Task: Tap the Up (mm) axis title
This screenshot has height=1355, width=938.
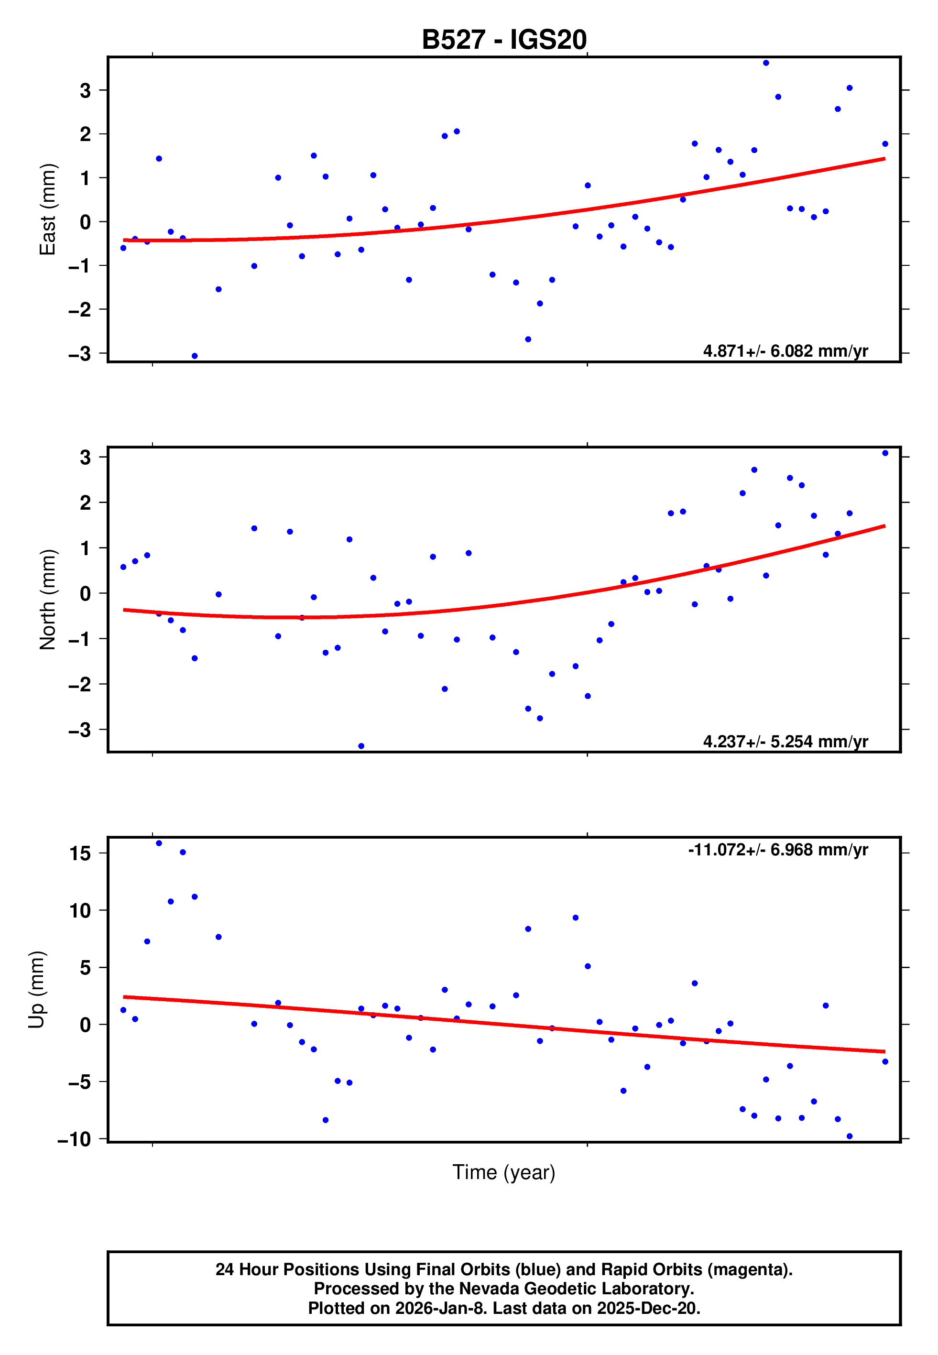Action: coord(36,990)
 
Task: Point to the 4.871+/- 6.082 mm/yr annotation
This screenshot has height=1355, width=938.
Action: coord(785,351)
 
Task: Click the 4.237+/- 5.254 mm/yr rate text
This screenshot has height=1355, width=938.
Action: coord(785,742)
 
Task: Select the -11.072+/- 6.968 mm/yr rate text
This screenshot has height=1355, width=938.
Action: coord(777,850)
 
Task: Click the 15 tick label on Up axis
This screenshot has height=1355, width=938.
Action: coord(80,853)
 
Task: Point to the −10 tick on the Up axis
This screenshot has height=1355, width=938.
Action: coord(74,1139)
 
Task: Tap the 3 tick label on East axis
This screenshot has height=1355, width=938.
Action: coord(86,90)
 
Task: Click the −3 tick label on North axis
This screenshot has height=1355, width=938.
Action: coord(80,730)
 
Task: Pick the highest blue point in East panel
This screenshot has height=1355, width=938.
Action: coord(766,63)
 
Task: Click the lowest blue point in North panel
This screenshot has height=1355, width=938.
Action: coord(361,746)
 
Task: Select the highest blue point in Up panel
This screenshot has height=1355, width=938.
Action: coord(159,843)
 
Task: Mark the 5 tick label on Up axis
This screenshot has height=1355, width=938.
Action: coord(86,968)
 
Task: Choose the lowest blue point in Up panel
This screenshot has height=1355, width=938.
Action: coord(849,1136)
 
